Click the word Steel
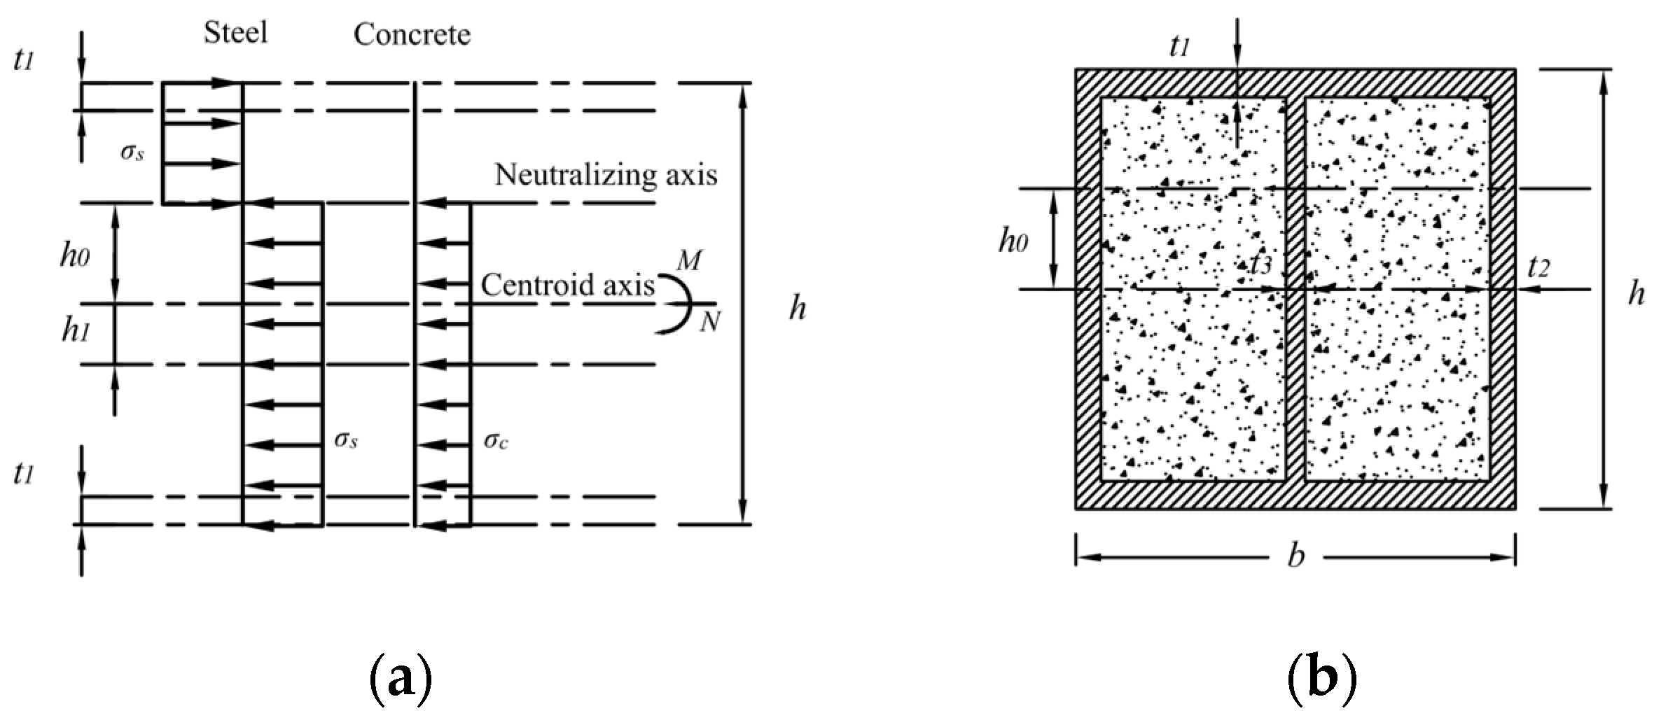click(x=235, y=33)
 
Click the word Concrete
click(x=412, y=34)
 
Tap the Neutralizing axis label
click(x=606, y=174)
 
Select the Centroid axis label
click(x=567, y=286)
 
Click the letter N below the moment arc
click(x=709, y=322)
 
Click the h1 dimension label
click(x=76, y=331)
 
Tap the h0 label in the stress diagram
click(x=74, y=257)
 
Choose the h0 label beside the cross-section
click(x=1013, y=241)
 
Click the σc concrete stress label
click(x=496, y=440)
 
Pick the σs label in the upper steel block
click(x=132, y=152)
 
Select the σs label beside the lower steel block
click(x=346, y=439)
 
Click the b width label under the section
click(x=1296, y=556)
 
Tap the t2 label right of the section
click(x=1538, y=267)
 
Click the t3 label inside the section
click(x=1260, y=264)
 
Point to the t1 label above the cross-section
click(x=1180, y=46)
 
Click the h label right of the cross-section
click(x=1636, y=294)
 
